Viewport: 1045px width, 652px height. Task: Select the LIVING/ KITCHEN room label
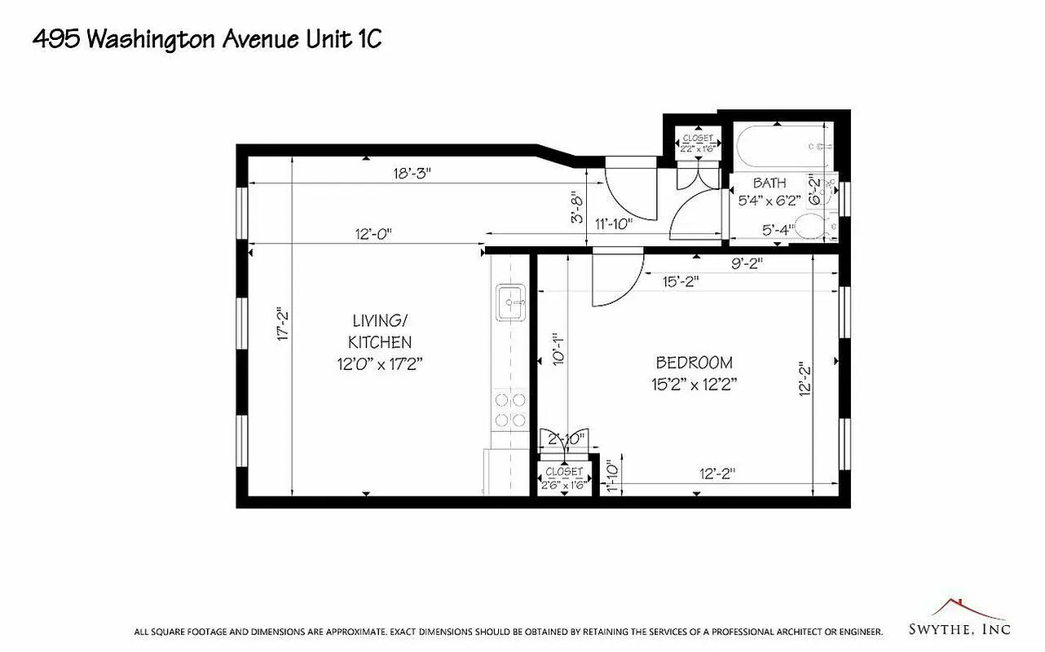(380, 342)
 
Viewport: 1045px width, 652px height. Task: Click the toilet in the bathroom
(815, 227)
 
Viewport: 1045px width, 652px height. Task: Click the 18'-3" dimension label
(411, 173)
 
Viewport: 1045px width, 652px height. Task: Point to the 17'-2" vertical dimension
(284, 324)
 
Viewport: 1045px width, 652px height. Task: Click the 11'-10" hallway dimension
(613, 225)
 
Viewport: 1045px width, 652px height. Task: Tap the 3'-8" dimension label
(578, 207)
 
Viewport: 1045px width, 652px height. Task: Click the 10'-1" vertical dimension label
(557, 349)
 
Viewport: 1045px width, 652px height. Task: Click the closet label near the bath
(698, 143)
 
